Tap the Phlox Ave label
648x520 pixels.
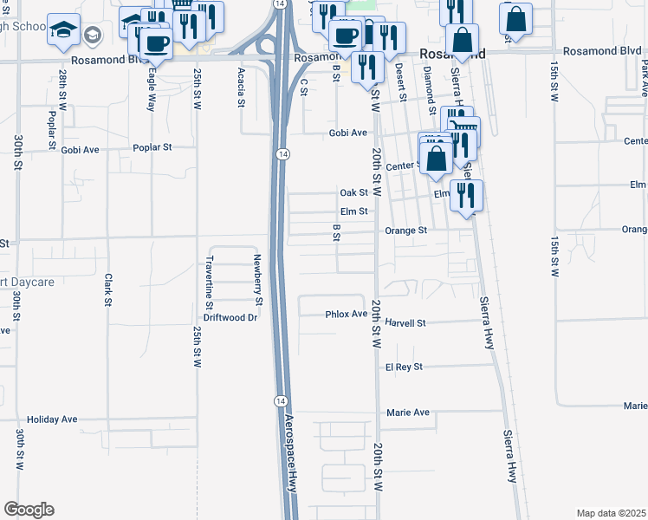point(347,314)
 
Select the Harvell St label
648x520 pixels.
point(406,323)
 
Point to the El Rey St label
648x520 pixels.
point(404,367)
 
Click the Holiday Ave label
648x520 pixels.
point(53,419)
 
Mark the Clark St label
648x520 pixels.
point(108,290)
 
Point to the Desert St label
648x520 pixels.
point(400,81)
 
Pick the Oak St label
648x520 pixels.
point(354,192)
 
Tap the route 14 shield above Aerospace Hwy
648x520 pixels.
point(281,400)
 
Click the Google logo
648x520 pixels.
point(29,510)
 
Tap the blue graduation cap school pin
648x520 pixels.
point(64,29)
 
